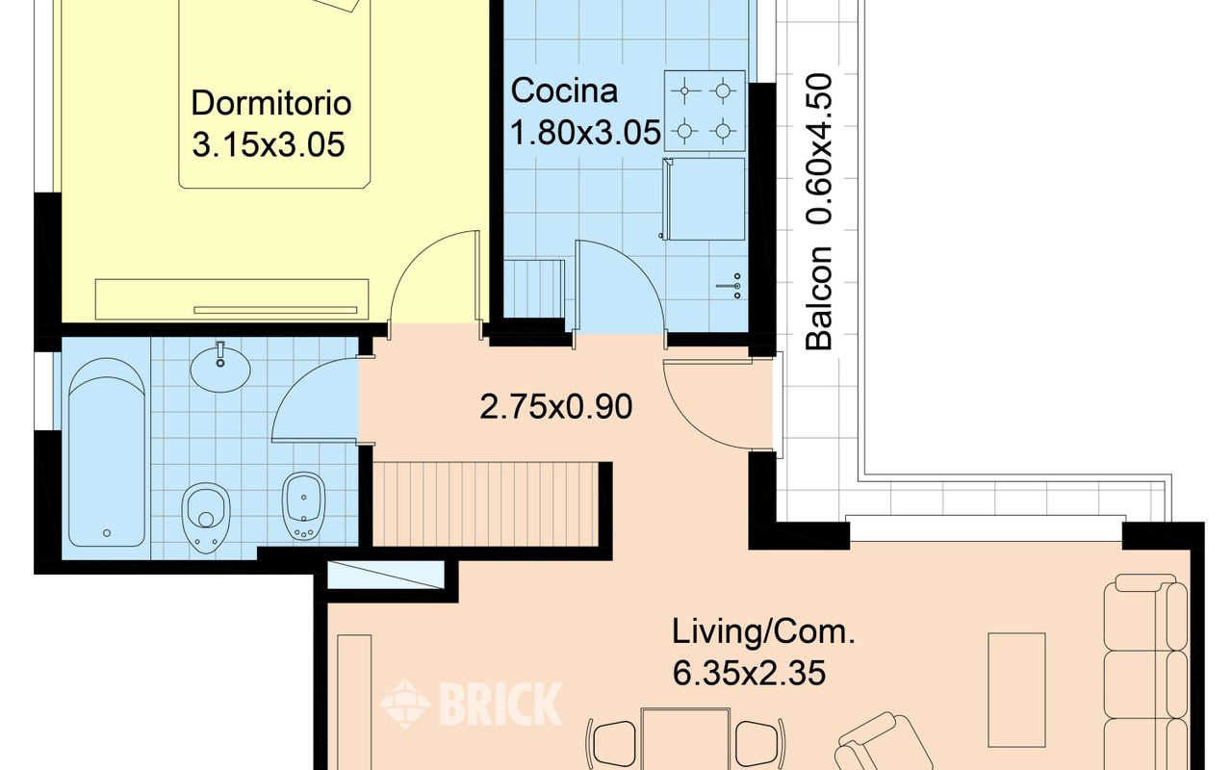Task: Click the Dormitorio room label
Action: pyautogui.click(x=271, y=103)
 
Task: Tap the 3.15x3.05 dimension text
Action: pyautogui.click(x=269, y=144)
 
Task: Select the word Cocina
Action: pyautogui.click(x=564, y=90)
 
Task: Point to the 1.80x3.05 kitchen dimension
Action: pyautogui.click(x=585, y=133)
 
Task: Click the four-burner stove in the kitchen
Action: pyautogui.click(x=705, y=111)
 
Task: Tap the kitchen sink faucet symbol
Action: pyautogui.click(x=731, y=286)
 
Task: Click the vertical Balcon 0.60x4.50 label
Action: pyautogui.click(x=819, y=213)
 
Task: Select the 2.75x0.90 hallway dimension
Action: pyautogui.click(x=555, y=407)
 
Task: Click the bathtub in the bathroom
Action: pyautogui.click(x=107, y=452)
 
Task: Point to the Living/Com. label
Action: pyautogui.click(x=763, y=632)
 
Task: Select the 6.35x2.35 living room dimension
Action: pyautogui.click(x=749, y=673)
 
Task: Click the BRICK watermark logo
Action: pyautogui.click(x=472, y=704)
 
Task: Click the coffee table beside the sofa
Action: pyautogui.click(x=1016, y=690)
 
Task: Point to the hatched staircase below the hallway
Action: pyautogui.click(x=485, y=504)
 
